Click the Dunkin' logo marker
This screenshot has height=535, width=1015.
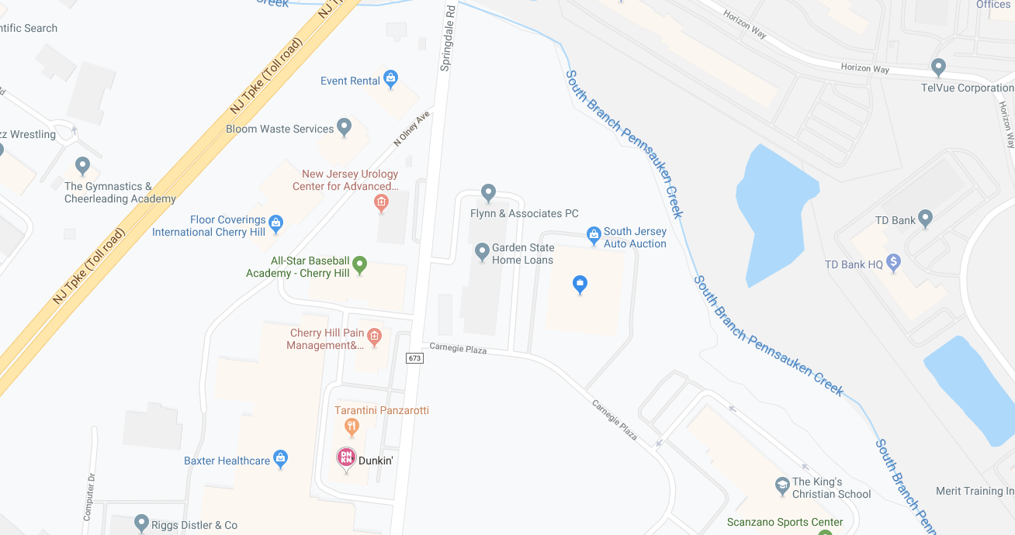(x=346, y=457)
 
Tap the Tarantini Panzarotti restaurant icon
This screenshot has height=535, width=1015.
(x=352, y=426)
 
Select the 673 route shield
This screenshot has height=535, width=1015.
(x=414, y=357)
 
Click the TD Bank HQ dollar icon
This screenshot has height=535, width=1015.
(x=893, y=263)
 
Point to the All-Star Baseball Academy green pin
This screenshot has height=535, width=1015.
(x=359, y=265)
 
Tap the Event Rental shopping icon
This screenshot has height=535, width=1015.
(x=390, y=78)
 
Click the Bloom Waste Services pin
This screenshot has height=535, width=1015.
(x=345, y=127)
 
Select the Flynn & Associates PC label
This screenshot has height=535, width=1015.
(x=524, y=213)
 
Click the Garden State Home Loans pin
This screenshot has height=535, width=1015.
(x=482, y=250)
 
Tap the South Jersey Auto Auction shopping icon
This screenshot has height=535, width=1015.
(x=594, y=233)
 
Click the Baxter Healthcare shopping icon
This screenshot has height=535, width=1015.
(x=280, y=458)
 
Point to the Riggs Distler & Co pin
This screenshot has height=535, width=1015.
(x=141, y=523)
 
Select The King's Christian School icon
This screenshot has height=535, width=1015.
(x=782, y=486)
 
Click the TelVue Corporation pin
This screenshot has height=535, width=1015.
(x=938, y=67)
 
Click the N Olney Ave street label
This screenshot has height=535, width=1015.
(x=411, y=129)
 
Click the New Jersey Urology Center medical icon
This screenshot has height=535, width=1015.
(x=381, y=203)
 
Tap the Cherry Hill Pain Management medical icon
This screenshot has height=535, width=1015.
(x=375, y=336)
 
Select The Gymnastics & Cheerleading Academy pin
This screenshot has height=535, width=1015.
(x=82, y=165)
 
